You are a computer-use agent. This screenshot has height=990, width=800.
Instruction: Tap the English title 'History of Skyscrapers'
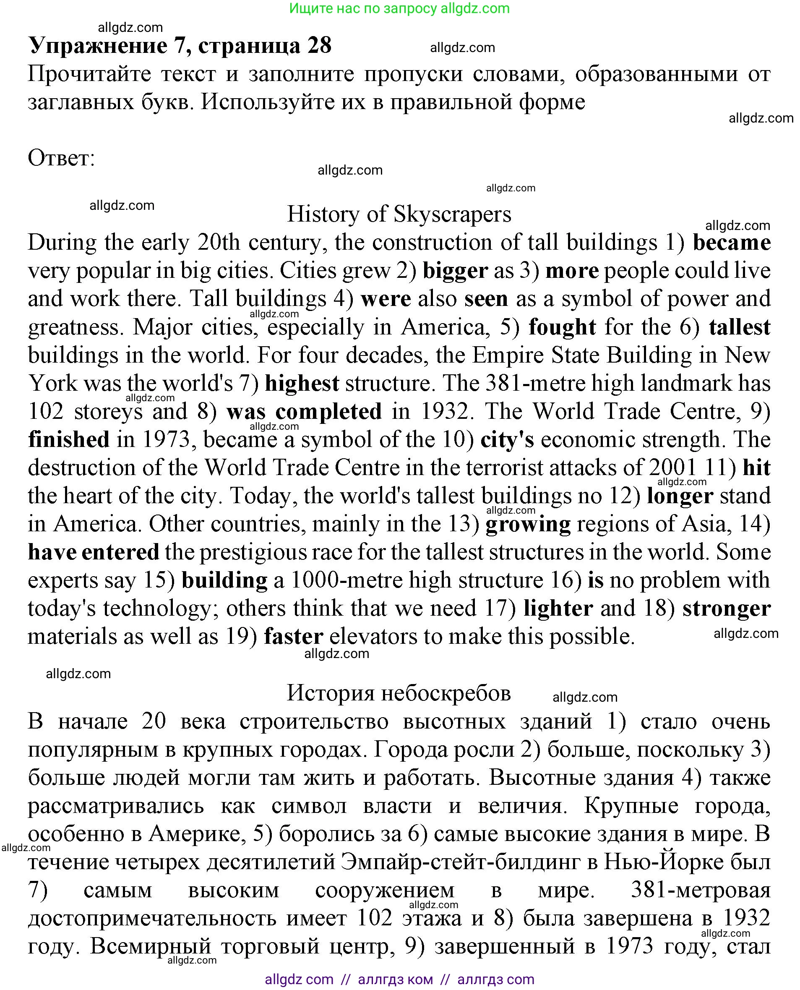[399, 214]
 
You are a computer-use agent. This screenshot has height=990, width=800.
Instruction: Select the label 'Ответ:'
[61, 158]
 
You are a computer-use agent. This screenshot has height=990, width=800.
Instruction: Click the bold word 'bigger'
[455, 271]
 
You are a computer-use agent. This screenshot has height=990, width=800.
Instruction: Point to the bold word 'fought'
[562, 327]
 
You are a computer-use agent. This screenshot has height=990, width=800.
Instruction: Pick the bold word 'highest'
[302, 384]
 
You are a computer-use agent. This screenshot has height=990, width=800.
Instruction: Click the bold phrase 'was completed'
[304, 412]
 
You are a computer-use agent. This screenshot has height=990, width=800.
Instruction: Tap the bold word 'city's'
[507, 440]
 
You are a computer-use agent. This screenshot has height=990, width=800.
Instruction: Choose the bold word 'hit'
[756, 468]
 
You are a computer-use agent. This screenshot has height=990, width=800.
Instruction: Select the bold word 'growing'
[528, 524]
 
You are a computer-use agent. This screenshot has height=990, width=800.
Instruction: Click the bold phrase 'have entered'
[94, 552]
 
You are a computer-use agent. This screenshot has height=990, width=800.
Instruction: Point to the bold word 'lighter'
[558, 609]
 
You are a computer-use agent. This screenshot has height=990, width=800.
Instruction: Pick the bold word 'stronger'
[726, 609]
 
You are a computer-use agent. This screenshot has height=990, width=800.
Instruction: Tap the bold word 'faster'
[293, 637]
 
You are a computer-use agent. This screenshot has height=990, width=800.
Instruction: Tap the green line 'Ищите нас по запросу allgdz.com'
[399, 8]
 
